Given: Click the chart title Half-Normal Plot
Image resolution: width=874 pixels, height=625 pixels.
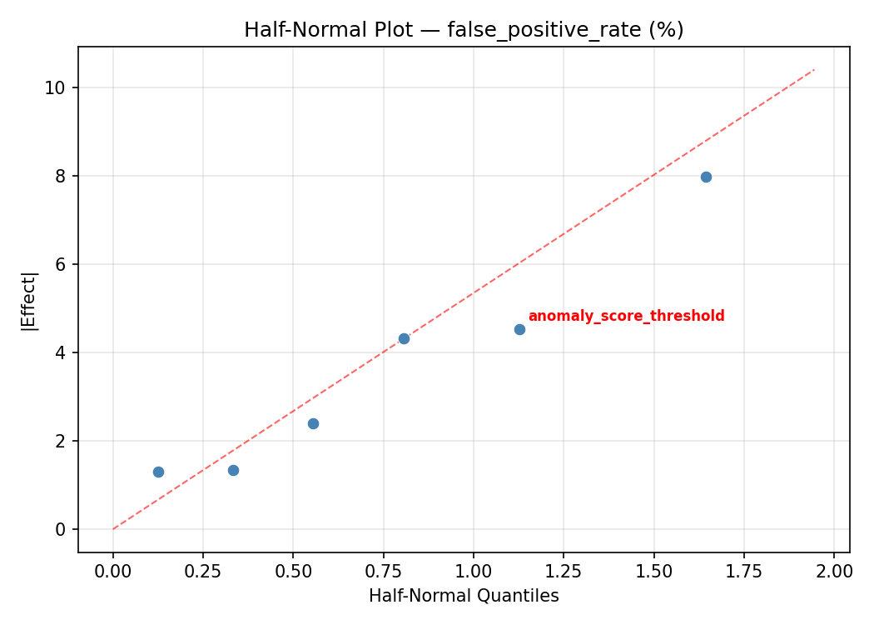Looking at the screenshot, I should (464, 30).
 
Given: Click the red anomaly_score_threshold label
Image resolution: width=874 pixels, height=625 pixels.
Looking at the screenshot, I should (626, 316).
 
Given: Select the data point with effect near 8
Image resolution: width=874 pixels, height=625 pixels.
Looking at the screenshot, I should (706, 177).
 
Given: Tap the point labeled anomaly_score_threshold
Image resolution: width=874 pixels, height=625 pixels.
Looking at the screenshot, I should (519, 329).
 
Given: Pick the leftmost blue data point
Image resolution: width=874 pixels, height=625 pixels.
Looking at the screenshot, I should (158, 472).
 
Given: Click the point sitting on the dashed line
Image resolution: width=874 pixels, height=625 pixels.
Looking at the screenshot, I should (404, 338).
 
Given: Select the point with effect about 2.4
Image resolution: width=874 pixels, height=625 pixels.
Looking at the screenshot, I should (313, 423).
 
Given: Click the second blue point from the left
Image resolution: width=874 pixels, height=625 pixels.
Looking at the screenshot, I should (233, 470).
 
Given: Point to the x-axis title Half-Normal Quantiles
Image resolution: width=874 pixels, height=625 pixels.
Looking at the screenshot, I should (464, 596).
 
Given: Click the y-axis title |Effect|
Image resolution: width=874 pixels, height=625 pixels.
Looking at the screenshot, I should (29, 301).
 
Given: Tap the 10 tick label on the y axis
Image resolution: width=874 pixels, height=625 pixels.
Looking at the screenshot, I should (56, 87).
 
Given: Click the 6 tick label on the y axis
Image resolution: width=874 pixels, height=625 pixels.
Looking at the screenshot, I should (61, 264).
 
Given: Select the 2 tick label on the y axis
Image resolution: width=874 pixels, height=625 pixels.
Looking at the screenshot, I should (61, 441).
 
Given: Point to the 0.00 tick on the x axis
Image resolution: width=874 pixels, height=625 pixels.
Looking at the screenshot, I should (113, 571).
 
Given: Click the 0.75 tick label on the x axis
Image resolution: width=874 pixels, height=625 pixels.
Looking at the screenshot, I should (383, 571).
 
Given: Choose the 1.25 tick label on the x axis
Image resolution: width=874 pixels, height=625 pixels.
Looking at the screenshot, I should (564, 571).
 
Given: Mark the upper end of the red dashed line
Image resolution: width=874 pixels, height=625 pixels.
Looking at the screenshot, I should (814, 70).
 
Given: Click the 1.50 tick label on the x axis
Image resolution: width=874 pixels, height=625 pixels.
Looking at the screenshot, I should (653, 571).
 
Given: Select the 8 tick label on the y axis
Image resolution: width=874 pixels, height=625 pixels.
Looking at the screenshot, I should (61, 176).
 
